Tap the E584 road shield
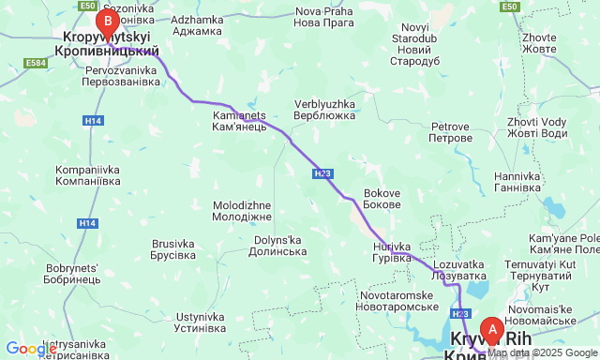point(37,63)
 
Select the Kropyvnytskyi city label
point(110,44)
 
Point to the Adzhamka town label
point(198,25)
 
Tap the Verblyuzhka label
point(324,110)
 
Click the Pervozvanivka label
point(123,76)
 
